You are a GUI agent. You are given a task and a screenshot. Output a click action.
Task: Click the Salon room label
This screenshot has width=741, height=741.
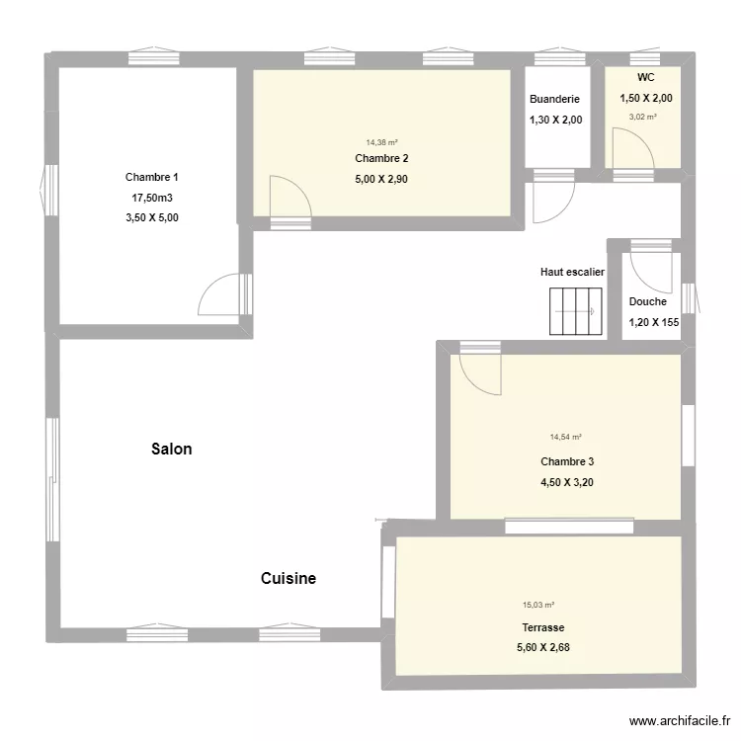[x=171, y=449]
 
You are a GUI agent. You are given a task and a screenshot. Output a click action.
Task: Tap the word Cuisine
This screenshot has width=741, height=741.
[x=288, y=578]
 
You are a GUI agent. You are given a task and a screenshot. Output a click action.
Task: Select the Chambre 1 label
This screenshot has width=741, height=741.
[x=152, y=178]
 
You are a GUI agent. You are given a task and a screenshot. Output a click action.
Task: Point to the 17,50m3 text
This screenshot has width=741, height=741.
[x=152, y=198]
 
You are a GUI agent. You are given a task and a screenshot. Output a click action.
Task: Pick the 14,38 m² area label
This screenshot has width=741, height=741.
[x=381, y=142]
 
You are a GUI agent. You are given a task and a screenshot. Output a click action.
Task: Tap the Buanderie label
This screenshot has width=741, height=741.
[x=554, y=100]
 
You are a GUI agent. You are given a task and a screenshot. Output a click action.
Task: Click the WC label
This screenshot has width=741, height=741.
[x=645, y=77]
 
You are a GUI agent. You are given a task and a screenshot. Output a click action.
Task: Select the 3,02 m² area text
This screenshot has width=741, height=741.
[x=643, y=116]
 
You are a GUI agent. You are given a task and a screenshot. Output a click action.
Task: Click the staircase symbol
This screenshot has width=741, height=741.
[x=576, y=311]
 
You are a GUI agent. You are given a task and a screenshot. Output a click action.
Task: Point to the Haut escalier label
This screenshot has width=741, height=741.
[x=572, y=272]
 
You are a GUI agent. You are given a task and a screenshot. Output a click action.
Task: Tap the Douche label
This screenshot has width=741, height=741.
[x=647, y=302]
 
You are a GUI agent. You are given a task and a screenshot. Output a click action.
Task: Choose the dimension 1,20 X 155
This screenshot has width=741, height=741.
[x=654, y=322]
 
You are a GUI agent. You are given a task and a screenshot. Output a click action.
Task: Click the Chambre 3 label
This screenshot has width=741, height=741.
[x=567, y=461]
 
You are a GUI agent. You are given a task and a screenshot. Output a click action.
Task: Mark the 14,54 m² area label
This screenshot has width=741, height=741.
[x=566, y=437]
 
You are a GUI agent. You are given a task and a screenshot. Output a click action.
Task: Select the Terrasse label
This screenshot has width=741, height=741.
[x=543, y=627]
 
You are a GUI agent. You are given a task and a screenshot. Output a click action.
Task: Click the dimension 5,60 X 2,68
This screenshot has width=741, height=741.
[x=543, y=647]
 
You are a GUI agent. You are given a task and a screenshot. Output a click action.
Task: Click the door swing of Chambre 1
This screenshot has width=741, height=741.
[x=219, y=295]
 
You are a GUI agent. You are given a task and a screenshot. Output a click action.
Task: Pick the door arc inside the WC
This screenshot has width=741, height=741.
[x=631, y=153]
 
